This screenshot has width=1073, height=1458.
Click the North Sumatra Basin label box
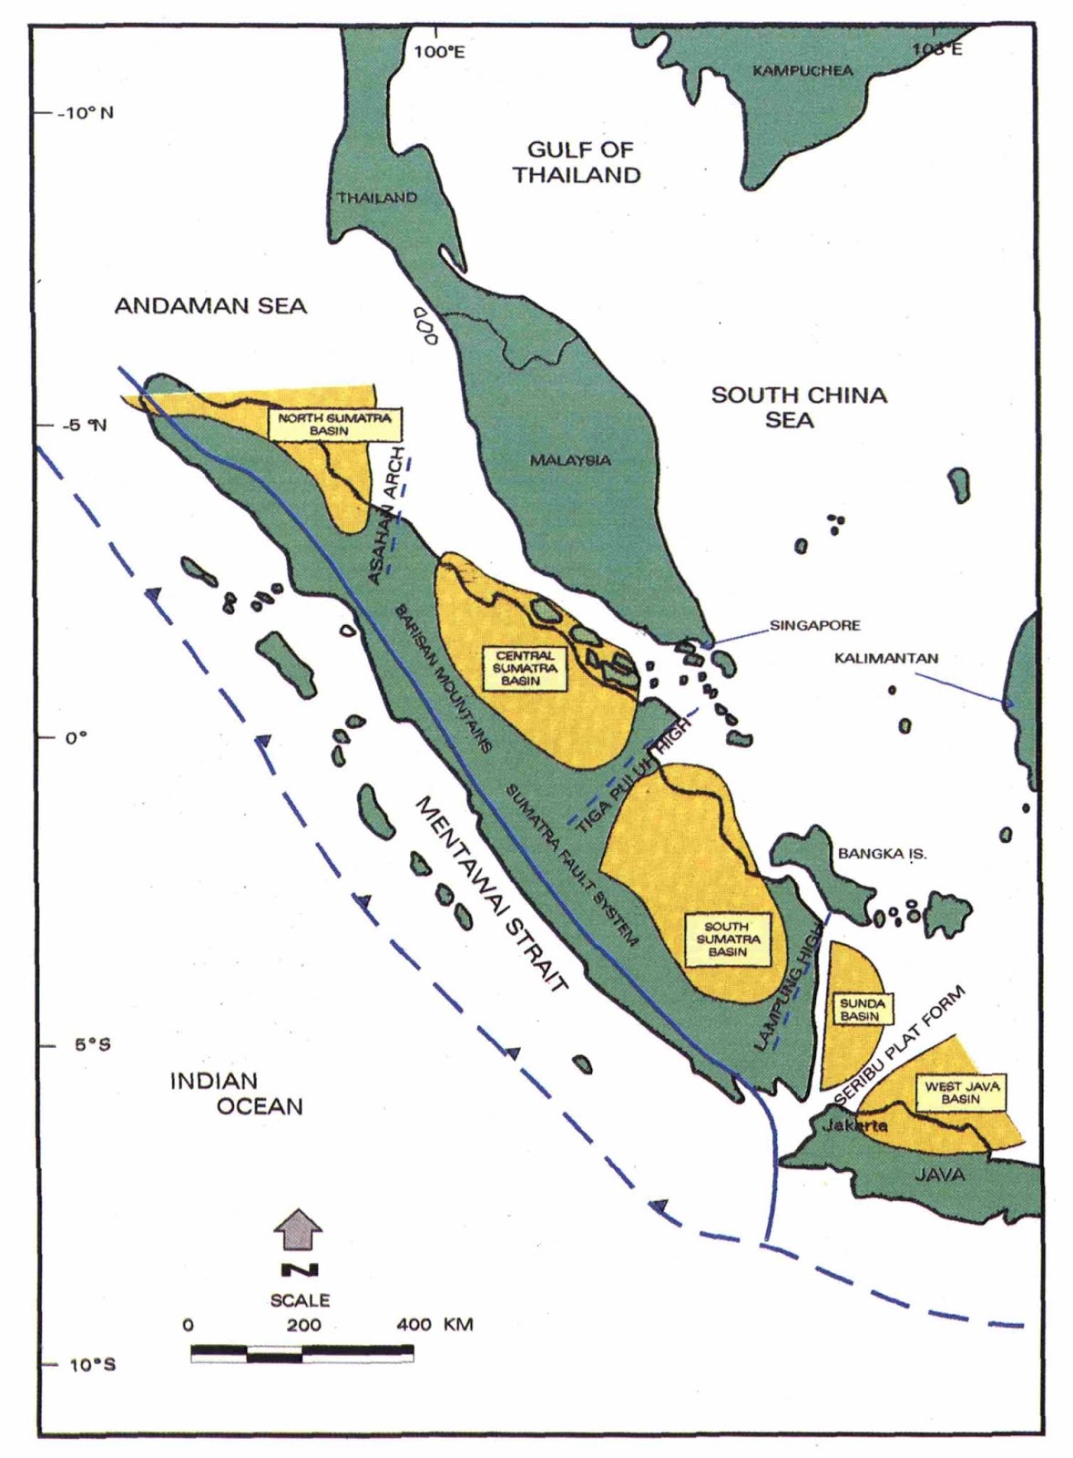coord(334,424)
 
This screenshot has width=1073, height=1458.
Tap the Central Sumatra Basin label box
coord(526,668)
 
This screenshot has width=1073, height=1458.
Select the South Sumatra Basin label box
coord(727,939)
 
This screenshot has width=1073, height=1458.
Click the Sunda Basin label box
coord(860,1010)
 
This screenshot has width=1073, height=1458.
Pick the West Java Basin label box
coord(961,1093)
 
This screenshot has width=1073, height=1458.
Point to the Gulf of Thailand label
coord(578,162)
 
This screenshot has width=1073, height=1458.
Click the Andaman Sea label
coord(210,306)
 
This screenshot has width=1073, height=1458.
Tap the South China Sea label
coord(798,406)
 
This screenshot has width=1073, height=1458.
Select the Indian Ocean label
coord(236,1093)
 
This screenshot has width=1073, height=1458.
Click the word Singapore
coord(814,625)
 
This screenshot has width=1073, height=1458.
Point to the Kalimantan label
coord(885,658)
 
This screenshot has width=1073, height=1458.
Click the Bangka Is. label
coord(882,854)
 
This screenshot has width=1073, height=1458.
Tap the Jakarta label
coord(854,1126)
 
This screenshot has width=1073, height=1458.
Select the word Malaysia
coord(570,461)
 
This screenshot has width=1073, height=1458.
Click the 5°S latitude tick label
coord(92,1045)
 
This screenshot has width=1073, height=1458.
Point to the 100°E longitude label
coord(438,53)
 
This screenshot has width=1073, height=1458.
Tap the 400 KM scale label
coord(434,1324)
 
